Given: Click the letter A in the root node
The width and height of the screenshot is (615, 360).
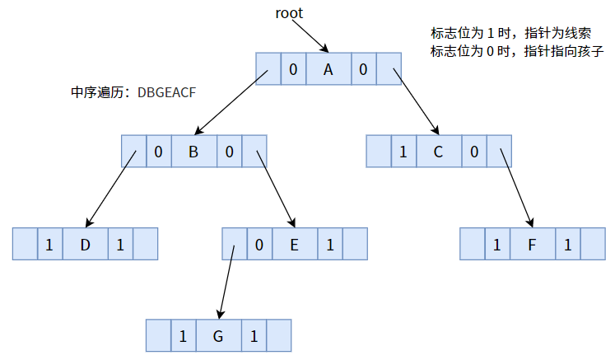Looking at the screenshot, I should [328, 70].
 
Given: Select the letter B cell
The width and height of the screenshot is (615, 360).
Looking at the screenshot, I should [193, 152].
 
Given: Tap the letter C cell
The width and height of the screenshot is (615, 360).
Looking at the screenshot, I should [438, 152].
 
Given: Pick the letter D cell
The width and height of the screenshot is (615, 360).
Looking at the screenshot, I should [85, 245].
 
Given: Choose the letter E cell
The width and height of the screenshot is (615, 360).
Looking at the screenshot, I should [294, 245].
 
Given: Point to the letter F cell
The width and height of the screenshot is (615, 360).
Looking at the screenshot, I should [533, 245].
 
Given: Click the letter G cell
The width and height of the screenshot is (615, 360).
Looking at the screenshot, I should [218, 336].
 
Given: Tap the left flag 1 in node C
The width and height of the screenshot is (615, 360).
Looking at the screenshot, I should [403, 152].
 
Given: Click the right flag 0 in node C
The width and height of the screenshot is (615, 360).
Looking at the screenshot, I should [473, 152].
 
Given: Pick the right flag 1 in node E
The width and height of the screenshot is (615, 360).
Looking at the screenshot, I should [329, 245].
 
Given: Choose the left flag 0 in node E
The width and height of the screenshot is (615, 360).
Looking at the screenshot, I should [259, 245].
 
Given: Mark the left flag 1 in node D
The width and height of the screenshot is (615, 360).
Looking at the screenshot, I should [49, 245].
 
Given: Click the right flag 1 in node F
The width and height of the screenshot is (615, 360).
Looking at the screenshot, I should [568, 245].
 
